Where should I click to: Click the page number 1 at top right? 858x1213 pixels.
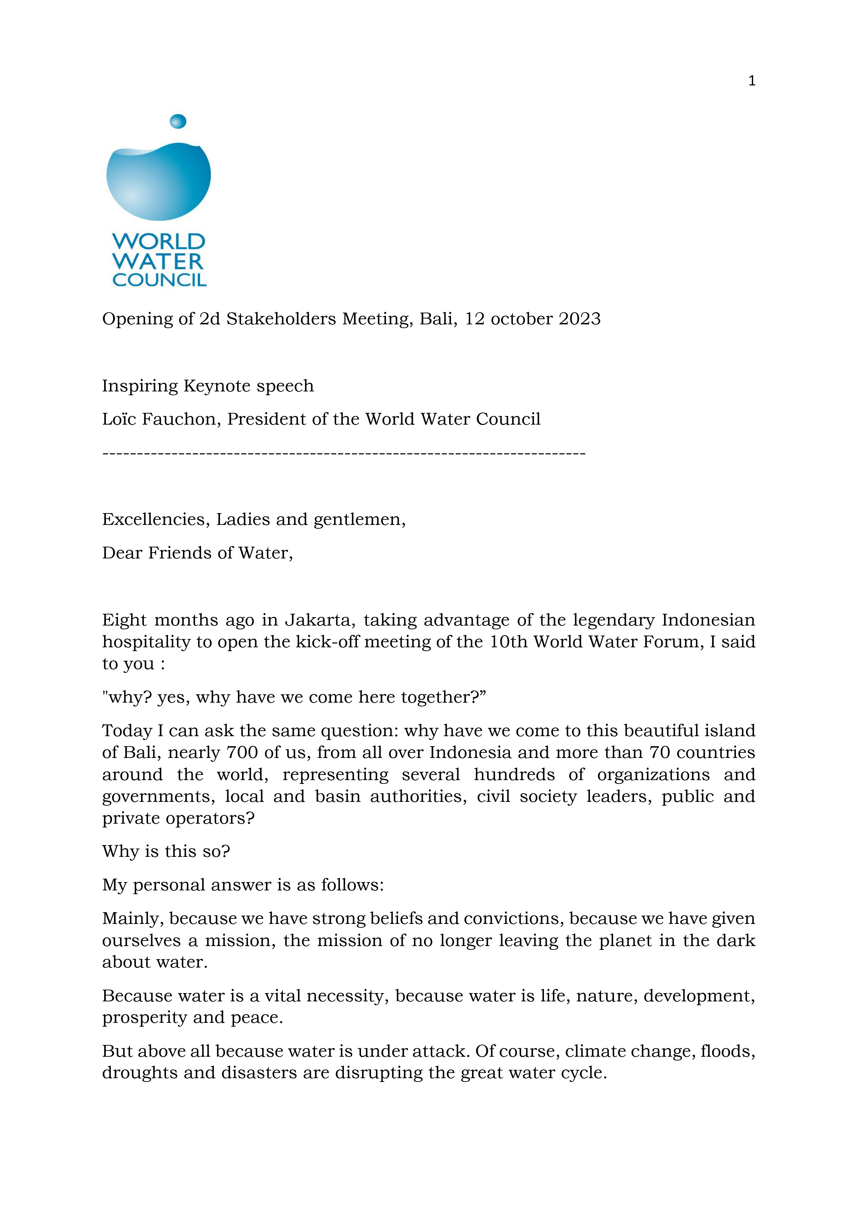click(752, 81)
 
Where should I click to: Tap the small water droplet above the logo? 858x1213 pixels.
click(178, 121)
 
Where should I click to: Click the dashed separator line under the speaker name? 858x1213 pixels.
click(343, 453)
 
